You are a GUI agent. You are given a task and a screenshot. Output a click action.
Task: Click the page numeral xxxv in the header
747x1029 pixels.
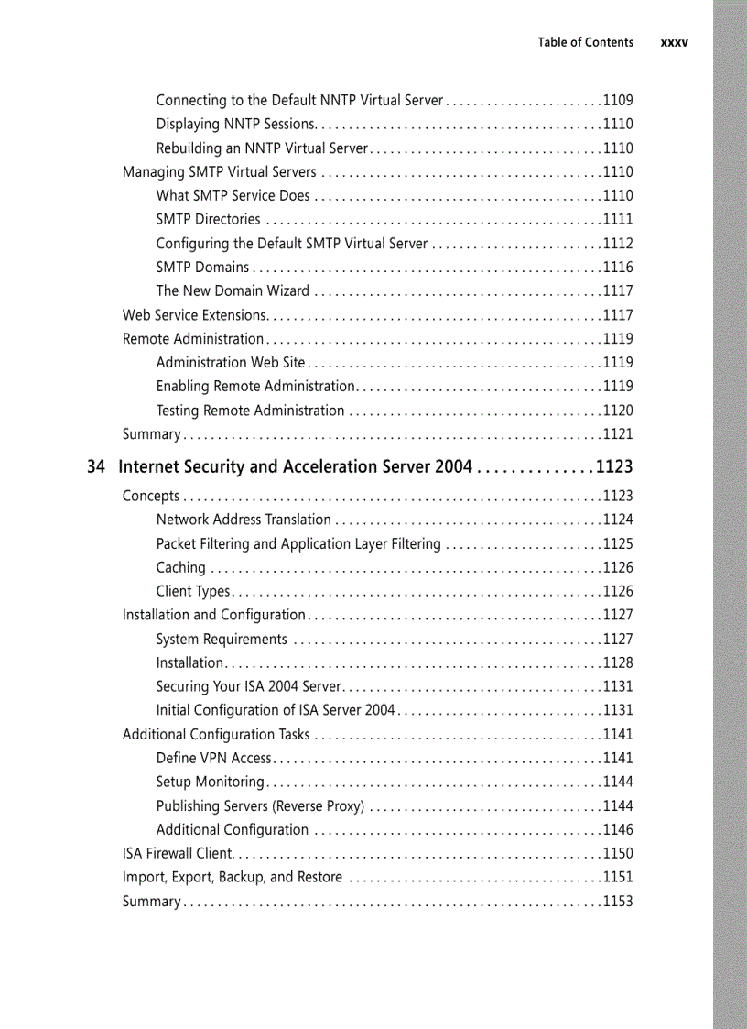point(674,42)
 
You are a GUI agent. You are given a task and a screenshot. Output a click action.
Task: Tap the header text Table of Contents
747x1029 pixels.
point(585,42)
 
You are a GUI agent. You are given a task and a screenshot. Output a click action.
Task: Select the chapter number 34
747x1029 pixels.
point(96,466)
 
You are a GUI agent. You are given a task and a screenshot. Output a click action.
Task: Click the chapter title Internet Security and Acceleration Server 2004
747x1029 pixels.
point(296,466)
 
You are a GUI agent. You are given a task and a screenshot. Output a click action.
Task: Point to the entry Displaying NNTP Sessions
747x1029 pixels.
point(235,124)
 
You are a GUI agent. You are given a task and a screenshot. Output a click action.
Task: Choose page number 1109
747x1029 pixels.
point(617,100)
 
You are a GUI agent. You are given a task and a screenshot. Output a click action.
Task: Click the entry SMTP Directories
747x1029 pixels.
point(208,219)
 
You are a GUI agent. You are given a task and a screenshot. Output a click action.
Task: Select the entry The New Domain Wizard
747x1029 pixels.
point(233,290)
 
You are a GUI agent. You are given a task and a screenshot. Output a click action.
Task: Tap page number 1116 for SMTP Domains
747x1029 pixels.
point(617,267)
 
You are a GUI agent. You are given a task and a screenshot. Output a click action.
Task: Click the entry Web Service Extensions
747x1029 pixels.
point(194,315)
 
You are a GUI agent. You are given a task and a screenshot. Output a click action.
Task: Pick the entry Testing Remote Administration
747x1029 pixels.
point(250,411)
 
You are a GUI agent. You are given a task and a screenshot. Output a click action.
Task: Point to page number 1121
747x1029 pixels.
point(617,434)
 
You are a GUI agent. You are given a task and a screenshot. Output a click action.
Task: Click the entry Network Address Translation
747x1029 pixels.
point(244,520)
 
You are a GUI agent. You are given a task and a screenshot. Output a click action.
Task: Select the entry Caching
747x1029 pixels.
point(180,567)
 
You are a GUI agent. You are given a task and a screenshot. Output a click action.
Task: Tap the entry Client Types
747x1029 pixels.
point(193,591)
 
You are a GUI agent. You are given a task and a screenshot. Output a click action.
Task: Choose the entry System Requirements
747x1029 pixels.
point(222,639)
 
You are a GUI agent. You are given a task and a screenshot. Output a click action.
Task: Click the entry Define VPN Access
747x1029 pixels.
point(213,758)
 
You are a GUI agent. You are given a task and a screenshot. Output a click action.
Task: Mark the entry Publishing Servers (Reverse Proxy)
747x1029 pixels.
point(260,805)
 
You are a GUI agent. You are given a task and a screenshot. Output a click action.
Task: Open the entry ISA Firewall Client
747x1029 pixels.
point(178,853)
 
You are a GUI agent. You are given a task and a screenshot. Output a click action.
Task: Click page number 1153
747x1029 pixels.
point(617,901)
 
